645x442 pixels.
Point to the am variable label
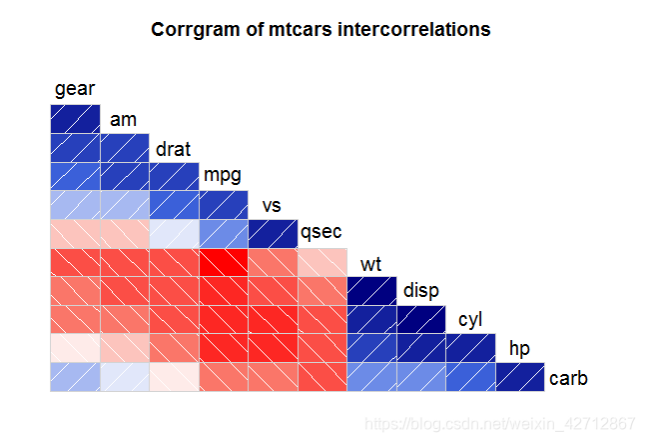(123, 120)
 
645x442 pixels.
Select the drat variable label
(173, 149)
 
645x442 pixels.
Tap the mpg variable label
(223, 176)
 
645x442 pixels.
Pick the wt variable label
(371, 265)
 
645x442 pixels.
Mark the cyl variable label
(470, 321)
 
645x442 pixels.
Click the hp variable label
(519, 349)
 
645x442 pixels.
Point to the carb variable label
(568, 379)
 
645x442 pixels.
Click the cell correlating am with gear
(75, 147)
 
